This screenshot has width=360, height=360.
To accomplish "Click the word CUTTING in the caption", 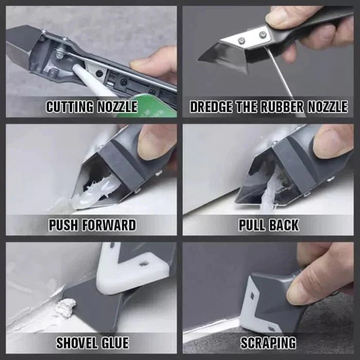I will coord(69,107).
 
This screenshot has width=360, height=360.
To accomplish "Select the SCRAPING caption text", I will coord(268,342).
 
